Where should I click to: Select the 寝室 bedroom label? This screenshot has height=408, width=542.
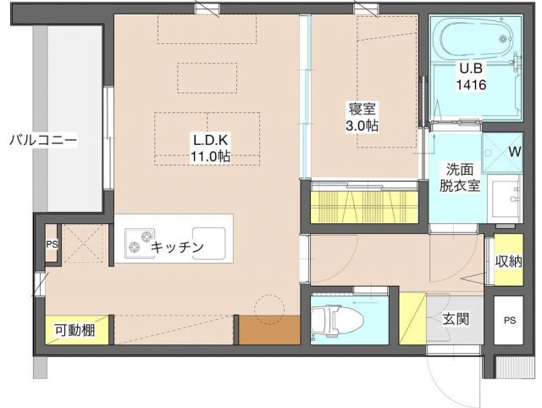362,109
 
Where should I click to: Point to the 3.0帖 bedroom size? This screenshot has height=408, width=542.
362,125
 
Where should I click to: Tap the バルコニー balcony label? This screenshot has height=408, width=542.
43,139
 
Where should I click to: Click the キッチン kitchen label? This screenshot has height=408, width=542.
178,247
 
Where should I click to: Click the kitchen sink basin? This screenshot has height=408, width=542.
209,242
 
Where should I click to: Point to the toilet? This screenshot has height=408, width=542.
339,320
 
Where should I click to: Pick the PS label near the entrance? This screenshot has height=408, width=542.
508,320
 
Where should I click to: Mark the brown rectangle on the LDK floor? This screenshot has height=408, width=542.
268,329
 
